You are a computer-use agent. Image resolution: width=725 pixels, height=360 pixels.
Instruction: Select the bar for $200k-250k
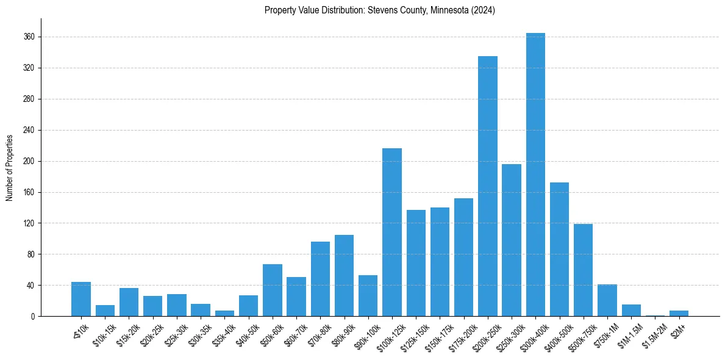tap(488, 186)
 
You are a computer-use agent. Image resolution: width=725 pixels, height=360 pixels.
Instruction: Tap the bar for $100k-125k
tap(392, 232)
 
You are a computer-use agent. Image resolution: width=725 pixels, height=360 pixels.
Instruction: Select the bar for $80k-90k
tap(345, 275)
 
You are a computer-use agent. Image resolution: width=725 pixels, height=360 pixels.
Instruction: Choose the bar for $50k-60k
tap(273, 290)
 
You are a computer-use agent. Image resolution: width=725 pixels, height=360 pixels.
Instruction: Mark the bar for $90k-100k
tap(368, 295)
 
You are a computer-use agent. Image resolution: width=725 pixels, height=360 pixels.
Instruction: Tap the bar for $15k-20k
tap(129, 302)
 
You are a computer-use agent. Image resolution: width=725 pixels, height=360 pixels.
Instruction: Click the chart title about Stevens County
tap(380, 10)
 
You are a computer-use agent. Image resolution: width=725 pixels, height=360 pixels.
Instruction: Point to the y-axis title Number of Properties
tap(10, 168)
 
